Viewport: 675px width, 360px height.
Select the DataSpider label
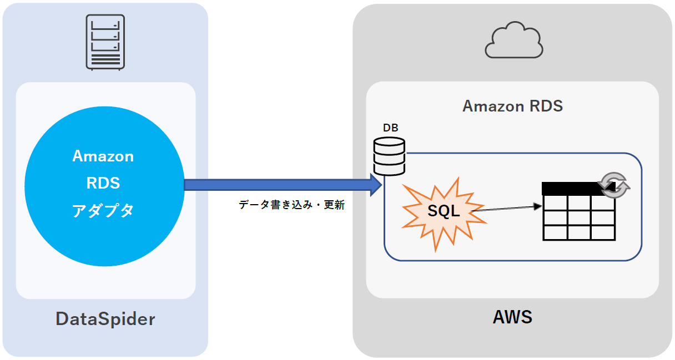(x=105, y=319)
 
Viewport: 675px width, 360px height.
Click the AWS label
(x=512, y=317)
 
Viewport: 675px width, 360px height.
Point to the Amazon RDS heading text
(x=512, y=105)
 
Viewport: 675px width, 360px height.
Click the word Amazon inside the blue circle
(x=103, y=156)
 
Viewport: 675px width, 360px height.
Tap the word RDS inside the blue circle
(x=103, y=182)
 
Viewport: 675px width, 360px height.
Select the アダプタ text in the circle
(x=103, y=210)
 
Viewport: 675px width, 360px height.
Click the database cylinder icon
(x=389, y=156)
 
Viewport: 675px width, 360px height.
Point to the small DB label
(x=390, y=128)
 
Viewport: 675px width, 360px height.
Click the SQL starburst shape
(x=444, y=212)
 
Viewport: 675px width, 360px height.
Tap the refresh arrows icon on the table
(x=613, y=185)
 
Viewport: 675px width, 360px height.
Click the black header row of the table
(x=572, y=189)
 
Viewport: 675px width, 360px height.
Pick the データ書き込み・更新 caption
(x=292, y=205)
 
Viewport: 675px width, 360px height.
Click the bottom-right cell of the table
(x=603, y=232)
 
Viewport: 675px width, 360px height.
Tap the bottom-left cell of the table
(x=555, y=232)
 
